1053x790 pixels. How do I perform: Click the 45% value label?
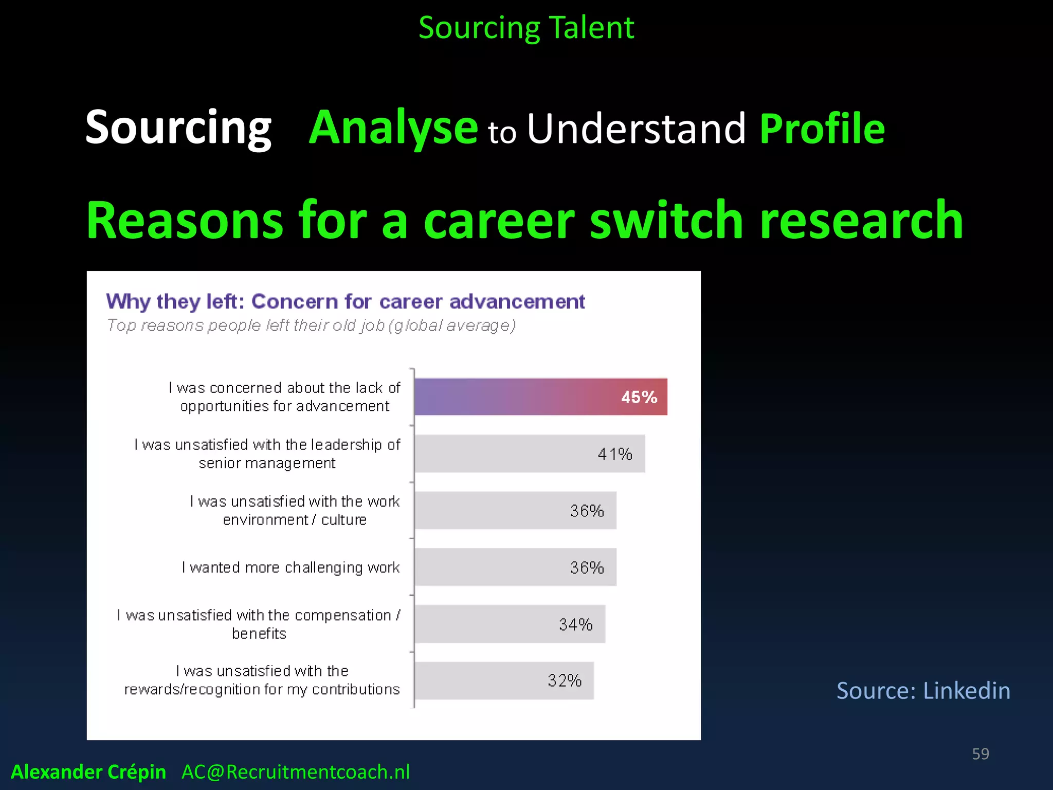(x=639, y=397)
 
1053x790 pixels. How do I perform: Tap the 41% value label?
(x=614, y=454)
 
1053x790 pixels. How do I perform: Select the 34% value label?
(x=575, y=624)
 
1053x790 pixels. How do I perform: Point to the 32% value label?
(x=564, y=680)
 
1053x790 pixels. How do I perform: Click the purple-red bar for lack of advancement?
(x=514, y=397)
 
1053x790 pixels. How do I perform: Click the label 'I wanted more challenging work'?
(x=291, y=567)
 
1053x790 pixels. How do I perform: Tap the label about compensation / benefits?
(x=259, y=624)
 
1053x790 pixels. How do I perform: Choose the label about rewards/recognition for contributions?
(x=262, y=680)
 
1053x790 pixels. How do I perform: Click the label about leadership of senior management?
(x=267, y=454)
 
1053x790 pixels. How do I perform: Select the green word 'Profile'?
(x=822, y=129)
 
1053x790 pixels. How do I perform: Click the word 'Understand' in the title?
(x=636, y=129)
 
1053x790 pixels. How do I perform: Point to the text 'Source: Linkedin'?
(x=923, y=690)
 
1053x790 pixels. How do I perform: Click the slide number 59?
(x=980, y=753)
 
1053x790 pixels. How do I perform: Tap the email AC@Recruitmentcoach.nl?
(x=296, y=771)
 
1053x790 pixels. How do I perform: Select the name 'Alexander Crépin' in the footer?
(x=88, y=771)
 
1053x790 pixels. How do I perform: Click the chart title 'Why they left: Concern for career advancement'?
(x=345, y=301)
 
